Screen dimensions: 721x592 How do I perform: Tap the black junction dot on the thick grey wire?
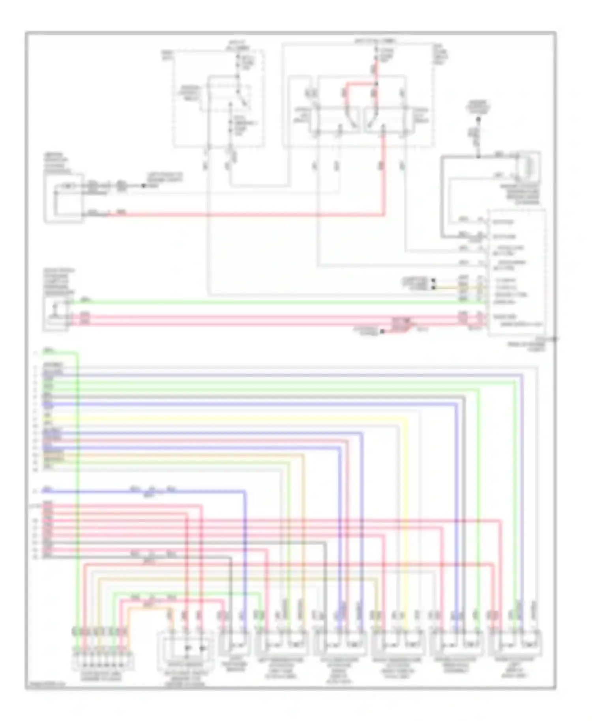click(x=478, y=156)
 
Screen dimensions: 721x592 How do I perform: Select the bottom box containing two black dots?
click(x=185, y=647)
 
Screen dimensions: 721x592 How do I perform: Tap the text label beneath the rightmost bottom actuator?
click(x=517, y=667)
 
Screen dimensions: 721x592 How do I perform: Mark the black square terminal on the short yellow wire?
click(x=433, y=288)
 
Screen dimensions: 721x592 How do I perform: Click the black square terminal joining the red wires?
click(x=382, y=332)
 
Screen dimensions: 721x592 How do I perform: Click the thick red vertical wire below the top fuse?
click(x=376, y=73)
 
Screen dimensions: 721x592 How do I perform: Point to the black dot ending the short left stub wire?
click(x=144, y=185)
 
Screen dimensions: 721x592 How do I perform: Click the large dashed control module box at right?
click(x=517, y=272)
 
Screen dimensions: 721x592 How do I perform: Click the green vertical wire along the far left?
click(x=78, y=473)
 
